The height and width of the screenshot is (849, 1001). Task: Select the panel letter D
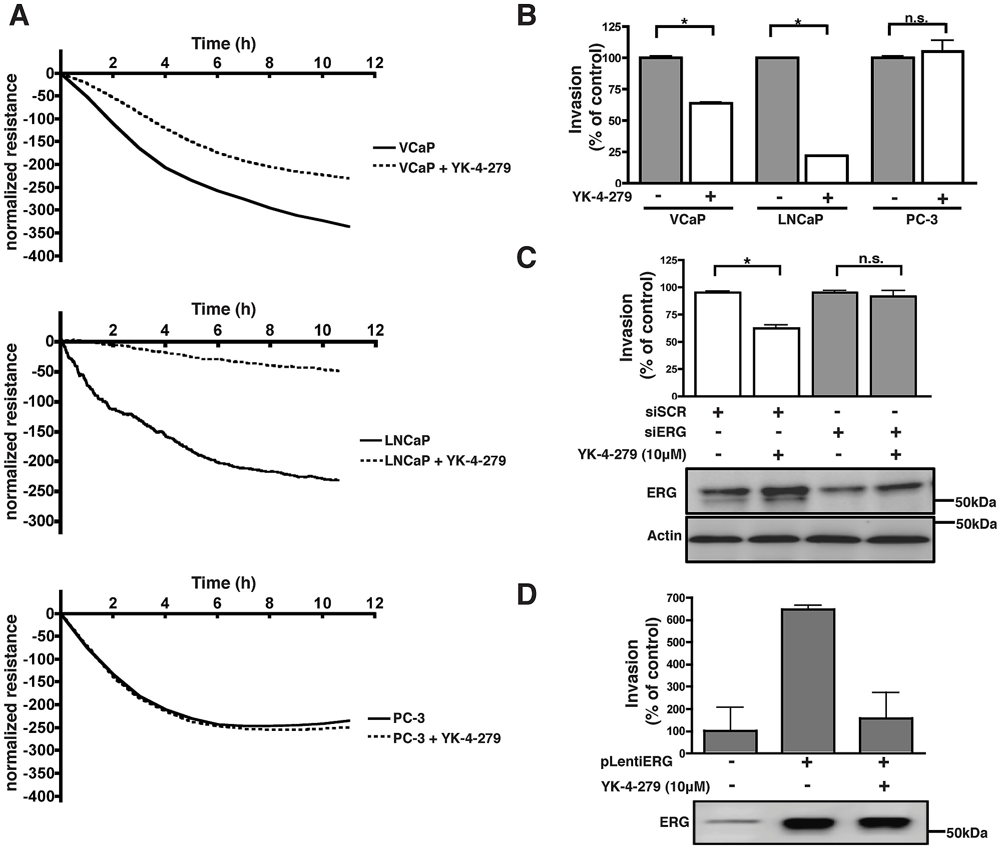[x=526, y=594]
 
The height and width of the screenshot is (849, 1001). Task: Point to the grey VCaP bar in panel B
[x=661, y=120]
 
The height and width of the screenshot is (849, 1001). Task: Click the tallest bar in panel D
[x=807, y=680]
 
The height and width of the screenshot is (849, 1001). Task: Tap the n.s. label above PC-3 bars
[x=916, y=19]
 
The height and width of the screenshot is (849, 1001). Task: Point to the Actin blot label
[x=664, y=536]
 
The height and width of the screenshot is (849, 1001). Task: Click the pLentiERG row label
[x=636, y=762]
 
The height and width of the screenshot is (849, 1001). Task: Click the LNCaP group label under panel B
[x=800, y=220]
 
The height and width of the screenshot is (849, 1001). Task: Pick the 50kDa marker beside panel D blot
[x=966, y=833]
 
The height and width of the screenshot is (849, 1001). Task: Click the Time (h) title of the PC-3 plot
[x=223, y=583]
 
